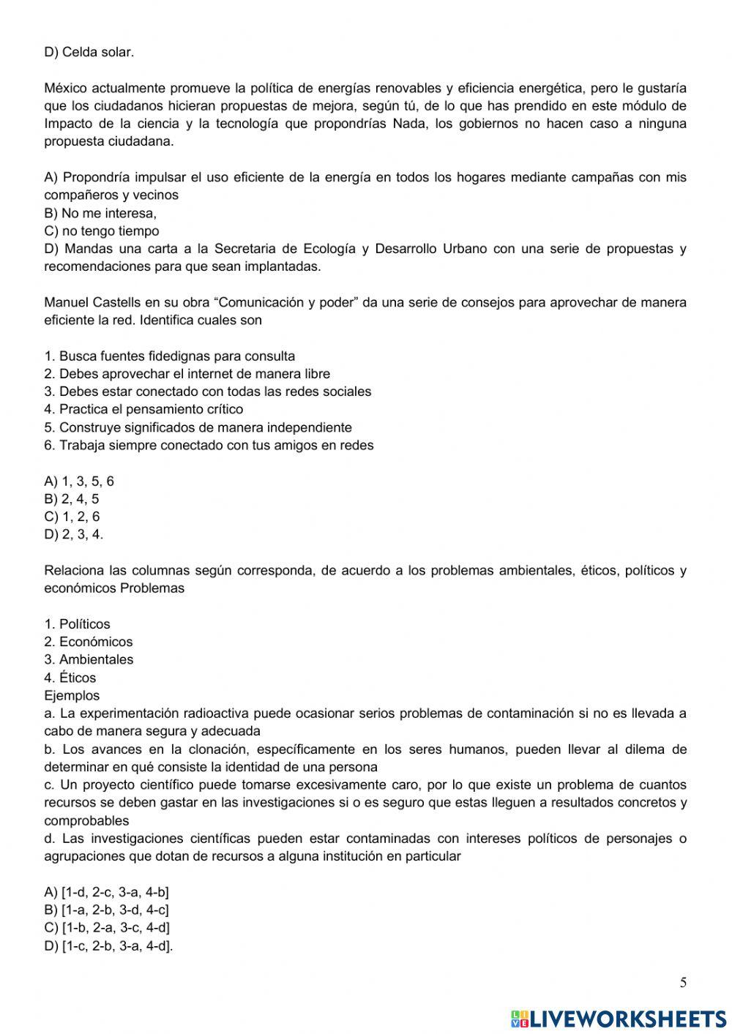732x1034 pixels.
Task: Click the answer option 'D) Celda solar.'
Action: tap(89, 52)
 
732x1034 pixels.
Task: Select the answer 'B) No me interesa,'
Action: tap(100, 213)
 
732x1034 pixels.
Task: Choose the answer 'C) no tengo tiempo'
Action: tap(101, 231)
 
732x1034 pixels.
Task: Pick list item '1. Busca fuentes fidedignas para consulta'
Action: tap(170, 356)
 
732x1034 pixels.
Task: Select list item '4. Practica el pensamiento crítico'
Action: tap(143, 409)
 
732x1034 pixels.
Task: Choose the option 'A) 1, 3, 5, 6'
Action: tap(79, 481)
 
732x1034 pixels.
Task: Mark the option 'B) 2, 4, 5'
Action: tap(72, 499)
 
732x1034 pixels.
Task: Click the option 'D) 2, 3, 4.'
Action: tap(74, 534)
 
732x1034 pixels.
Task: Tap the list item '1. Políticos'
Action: tap(77, 624)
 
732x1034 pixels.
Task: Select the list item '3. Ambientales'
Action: tap(89, 659)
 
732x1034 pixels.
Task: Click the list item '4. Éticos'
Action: tap(70, 678)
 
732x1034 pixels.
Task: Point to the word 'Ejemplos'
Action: tap(72, 696)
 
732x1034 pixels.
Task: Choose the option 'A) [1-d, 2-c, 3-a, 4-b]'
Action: tap(107, 892)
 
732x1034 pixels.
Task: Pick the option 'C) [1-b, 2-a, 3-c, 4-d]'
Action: tap(107, 928)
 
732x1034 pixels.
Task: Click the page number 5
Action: tap(683, 983)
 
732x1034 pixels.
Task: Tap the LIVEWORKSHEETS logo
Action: tap(619, 1018)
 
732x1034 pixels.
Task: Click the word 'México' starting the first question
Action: tap(64, 89)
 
